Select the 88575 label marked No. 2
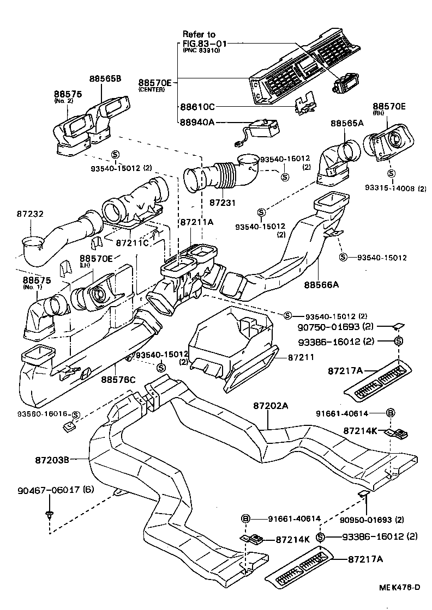[68, 94]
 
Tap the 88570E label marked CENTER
[154, 83]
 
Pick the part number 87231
[223, 202]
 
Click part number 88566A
[321, 284]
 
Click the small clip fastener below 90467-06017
[50, 514]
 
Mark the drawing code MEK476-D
[400, 587]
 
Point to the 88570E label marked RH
[389, 106]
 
